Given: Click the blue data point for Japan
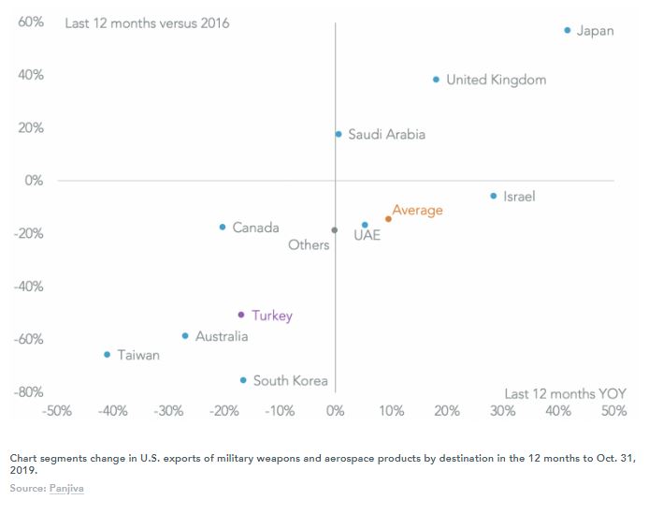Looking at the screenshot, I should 568,31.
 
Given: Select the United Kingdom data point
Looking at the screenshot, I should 437,80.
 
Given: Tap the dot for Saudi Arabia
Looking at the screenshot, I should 339,134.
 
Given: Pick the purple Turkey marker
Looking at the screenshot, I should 241,315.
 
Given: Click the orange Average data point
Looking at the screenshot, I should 388,219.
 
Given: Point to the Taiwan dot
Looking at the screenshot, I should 108,355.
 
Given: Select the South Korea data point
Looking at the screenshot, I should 243,380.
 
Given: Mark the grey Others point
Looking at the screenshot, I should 335,229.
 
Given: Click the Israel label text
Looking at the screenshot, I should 519,197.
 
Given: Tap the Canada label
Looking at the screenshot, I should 255,228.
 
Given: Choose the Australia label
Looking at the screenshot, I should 222,336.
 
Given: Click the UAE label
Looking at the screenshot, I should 367,236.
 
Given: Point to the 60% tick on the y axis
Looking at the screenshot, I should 31,22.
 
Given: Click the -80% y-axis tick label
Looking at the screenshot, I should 28,392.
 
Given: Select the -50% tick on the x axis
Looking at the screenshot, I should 58,411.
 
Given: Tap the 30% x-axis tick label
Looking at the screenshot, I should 502,411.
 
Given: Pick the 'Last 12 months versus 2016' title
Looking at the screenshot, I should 147,23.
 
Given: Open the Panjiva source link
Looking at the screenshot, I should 67,489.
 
